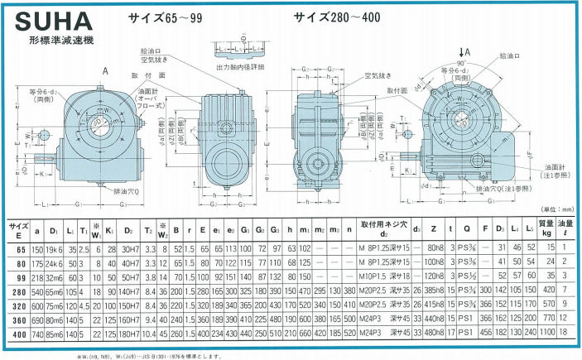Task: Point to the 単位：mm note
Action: coord(552,211)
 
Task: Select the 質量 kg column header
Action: coord(546,228)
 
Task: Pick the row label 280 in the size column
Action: coord(18,290)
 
